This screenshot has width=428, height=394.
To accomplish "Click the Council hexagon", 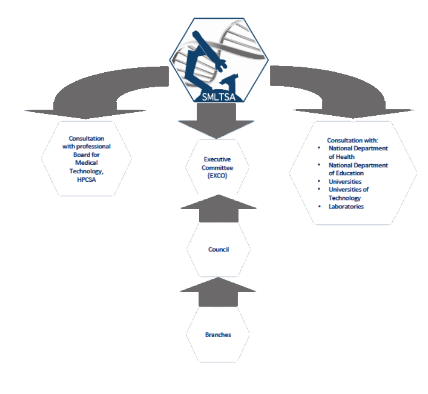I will tap(218, 249).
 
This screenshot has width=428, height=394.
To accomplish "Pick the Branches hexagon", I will tap(218, 335).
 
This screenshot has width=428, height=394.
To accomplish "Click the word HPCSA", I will tap(86, 181).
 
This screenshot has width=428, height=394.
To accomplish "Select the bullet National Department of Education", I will tap(357, 169).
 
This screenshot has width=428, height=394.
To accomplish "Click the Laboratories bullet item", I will tap(346, 207).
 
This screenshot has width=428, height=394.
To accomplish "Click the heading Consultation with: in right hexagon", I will tap(352, 140).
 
